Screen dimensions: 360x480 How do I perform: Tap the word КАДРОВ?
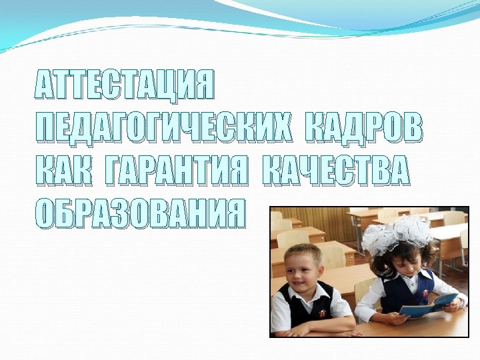coord(363,129)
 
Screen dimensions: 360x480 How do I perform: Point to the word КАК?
coord(63,171)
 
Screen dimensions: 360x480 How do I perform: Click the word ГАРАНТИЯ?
coord(179,171)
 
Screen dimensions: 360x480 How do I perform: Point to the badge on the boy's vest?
coord(323,312)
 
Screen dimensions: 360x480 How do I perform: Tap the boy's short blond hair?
coord(303,253)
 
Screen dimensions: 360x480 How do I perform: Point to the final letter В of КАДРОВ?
coord(413,129)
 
